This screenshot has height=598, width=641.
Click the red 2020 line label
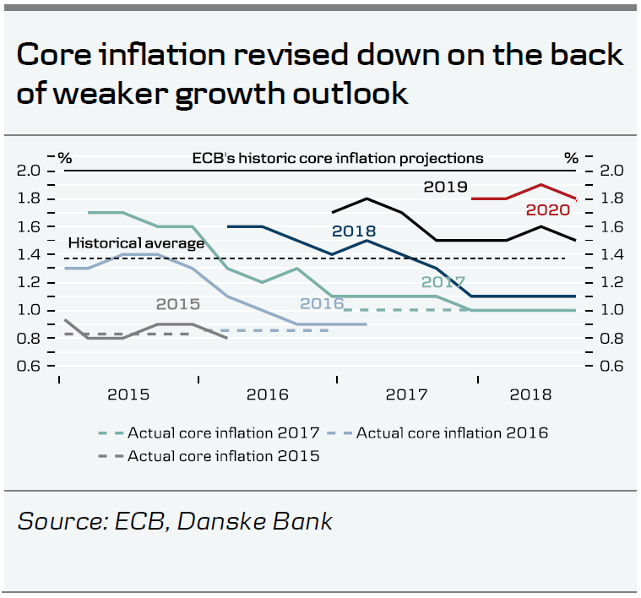point(547,211)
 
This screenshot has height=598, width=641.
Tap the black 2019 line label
point(445,187)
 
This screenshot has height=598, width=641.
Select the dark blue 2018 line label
point(354,231)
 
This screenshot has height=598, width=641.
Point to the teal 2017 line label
point(444,282)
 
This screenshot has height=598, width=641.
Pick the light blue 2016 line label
point(323,304)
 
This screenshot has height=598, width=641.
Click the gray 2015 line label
point(177,304)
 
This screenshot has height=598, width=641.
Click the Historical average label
point(136,243)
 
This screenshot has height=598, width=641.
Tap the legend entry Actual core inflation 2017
point(223,433)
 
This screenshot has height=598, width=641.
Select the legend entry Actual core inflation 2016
point(452,433)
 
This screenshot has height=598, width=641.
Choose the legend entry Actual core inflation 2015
point(223,456)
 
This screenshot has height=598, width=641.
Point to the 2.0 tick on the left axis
point(30,171)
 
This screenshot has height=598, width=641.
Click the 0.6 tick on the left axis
point(30,367)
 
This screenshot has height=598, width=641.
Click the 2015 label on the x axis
point(128,394)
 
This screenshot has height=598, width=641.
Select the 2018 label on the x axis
point(530,394)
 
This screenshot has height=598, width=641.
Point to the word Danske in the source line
point(215,521)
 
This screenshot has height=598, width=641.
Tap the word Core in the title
point(58,55)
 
